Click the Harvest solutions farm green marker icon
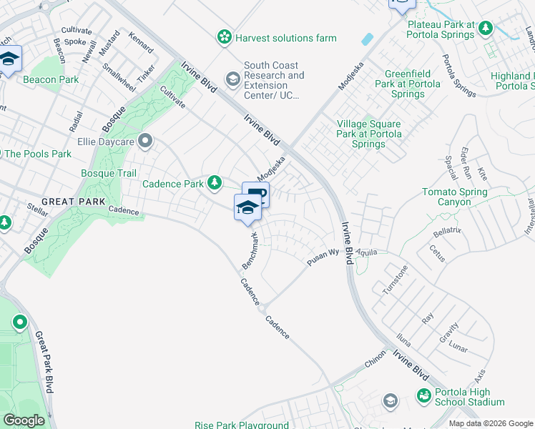click(225, 36)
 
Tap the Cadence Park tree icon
click(214, 184)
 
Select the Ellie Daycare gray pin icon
click(146, 140)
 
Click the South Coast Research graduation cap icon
click(232, 79)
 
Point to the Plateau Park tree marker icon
click(486, 29)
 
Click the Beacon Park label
click(51, 79)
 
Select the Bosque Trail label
click(108, 173)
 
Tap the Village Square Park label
click(369, 134)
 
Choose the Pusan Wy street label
click(323, 257)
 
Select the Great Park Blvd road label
click(44, 361)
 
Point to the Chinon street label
click(376, 359)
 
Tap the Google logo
click(24, 420)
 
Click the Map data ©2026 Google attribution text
click(490, 423)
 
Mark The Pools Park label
click(37, 154)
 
